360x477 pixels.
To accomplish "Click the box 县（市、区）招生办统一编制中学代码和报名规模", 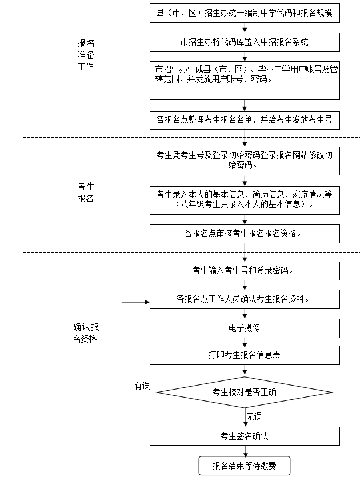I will click(x=245, y=13).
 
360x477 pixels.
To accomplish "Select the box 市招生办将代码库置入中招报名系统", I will click(x=245, y=42).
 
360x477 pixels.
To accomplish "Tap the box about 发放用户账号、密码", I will click(x=245, y=80).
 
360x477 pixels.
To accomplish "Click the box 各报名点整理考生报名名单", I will click(x=245, y=120).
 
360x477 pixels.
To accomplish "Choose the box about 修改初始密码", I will click(x=245, y=160).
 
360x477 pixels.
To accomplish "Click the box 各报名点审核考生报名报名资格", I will click(x=245, y=233).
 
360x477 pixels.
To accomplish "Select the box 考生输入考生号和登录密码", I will click(x=245, y=271).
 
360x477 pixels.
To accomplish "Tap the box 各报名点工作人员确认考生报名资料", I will click(x=245, y=299).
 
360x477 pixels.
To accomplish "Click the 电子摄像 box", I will click(x=245, y=328).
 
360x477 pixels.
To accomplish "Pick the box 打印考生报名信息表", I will click(x=245, y=355).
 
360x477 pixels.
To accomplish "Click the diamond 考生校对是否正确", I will click(x=245, y=392).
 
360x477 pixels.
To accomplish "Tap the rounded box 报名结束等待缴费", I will click(x=245, y=466).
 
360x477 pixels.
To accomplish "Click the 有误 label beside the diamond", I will click(x=142, y=386).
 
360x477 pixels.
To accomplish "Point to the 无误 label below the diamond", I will click(x=254, y=416).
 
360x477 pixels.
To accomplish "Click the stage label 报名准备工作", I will click(x=86, y=55).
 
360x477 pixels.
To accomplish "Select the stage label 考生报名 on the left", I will click(x=86, y=193).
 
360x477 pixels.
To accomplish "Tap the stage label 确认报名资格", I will click(x=86, y=332).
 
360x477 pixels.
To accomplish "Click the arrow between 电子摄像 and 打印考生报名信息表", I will click(x=245, y=342).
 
